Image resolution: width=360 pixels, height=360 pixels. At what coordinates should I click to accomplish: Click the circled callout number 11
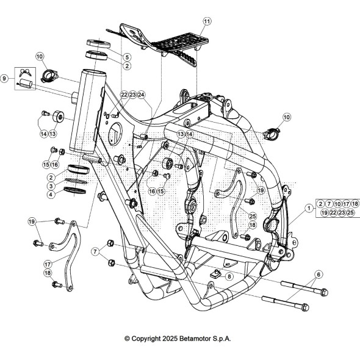(x=207, y=21)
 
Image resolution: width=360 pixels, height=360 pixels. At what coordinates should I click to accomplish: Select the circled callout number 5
(x=127, y=57)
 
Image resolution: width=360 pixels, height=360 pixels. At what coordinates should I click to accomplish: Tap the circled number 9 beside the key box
(x=4, y=78)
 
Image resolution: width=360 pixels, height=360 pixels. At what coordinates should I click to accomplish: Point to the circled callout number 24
(x=142, y=95)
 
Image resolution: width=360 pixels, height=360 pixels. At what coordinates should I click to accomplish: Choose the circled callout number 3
(x=51, y=185)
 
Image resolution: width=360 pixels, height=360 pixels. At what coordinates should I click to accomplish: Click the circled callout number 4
(x=51, y=195)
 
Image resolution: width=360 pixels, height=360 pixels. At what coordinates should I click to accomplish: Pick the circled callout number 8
(x=229, y=276)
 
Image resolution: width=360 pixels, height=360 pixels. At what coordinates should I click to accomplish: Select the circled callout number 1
(x=309, y=208)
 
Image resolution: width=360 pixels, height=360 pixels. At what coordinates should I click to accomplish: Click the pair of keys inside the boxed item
(x=25, y=73)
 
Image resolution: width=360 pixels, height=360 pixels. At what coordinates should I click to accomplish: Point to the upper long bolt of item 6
(x=304, y=289)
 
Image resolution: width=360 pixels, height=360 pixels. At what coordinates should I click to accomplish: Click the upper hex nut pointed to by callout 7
(x=110, y=243)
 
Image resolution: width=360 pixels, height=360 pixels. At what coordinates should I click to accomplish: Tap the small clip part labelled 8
(x=215, y=273)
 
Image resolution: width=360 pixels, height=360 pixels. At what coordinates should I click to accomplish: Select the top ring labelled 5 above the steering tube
(x=98, y=43)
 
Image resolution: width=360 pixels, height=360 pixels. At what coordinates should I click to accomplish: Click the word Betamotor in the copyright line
(x=195, y=339)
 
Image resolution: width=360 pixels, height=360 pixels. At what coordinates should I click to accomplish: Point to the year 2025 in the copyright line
(x=170, y=339)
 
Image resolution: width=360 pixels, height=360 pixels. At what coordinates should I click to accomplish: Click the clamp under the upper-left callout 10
(x=50, y=76)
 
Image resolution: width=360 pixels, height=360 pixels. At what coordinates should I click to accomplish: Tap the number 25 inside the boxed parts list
(x=350, y=212)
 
